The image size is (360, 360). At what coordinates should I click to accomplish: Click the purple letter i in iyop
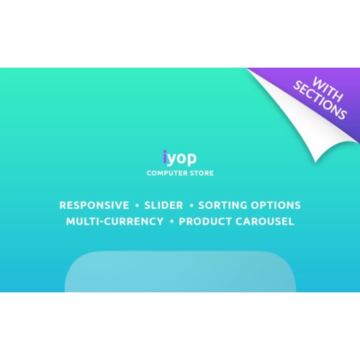pos(165,157)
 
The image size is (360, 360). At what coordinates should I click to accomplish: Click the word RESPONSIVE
pos(94,205)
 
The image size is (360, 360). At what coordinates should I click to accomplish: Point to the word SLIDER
pos(163,205)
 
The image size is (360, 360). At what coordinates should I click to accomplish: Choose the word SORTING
pos(222,205)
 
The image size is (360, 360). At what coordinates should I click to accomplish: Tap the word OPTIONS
pos(276,205)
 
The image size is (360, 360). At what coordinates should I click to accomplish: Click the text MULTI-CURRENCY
pos(114,221)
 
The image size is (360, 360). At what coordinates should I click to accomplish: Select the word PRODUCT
pos(205,221)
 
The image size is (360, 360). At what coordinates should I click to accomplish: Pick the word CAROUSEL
pos(265,221)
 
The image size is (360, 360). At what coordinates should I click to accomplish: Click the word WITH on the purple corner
pos(328,89)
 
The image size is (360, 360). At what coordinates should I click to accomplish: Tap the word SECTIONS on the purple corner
pos(320,100)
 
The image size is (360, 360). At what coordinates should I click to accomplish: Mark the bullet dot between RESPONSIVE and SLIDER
pos(137,205)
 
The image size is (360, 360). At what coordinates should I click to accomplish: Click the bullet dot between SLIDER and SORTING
pos(192,205)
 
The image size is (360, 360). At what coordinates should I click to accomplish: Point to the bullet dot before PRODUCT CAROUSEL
pos(171,222)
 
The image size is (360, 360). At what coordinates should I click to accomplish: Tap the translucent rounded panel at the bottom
pos(180,271)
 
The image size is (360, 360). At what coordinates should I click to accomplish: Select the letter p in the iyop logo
pos(192,159)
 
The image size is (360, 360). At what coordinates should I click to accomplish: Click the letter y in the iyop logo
pos(171,159)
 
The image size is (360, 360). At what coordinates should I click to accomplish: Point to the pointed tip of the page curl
pos(315,163)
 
